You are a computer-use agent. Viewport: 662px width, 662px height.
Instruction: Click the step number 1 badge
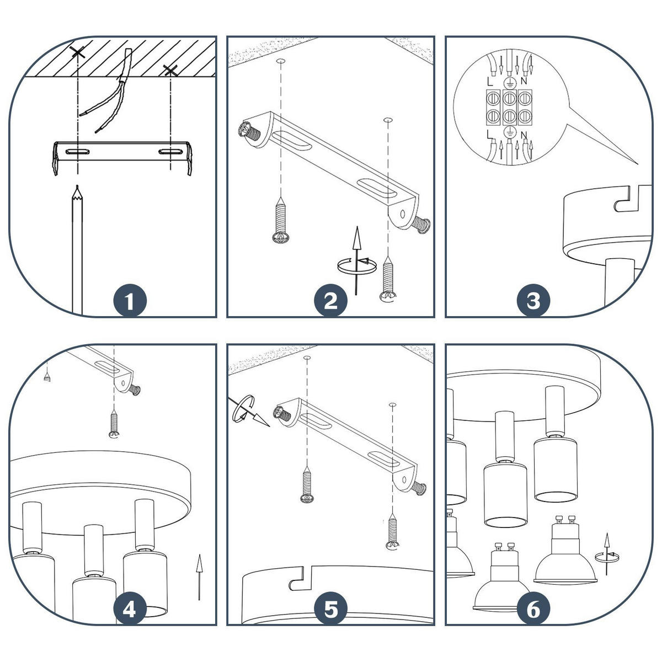coord(130,301)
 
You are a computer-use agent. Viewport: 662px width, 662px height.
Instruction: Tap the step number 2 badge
coord(330,301)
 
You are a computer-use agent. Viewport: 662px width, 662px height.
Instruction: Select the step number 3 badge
coord(533,301)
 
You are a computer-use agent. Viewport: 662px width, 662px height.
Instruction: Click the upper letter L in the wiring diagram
coord(490,82)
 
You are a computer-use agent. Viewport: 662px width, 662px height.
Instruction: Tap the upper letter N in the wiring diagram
coord(524,81)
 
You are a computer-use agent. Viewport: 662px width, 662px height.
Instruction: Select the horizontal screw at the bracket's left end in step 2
coord(249,132)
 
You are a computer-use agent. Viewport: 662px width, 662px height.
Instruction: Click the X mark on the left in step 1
coord(77,52)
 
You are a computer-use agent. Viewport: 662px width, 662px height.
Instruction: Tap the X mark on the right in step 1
coord(170,71)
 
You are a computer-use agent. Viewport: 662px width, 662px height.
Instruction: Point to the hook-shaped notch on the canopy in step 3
coord(622,204)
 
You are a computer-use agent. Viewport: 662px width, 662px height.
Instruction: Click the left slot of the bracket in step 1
coord(78,152)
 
